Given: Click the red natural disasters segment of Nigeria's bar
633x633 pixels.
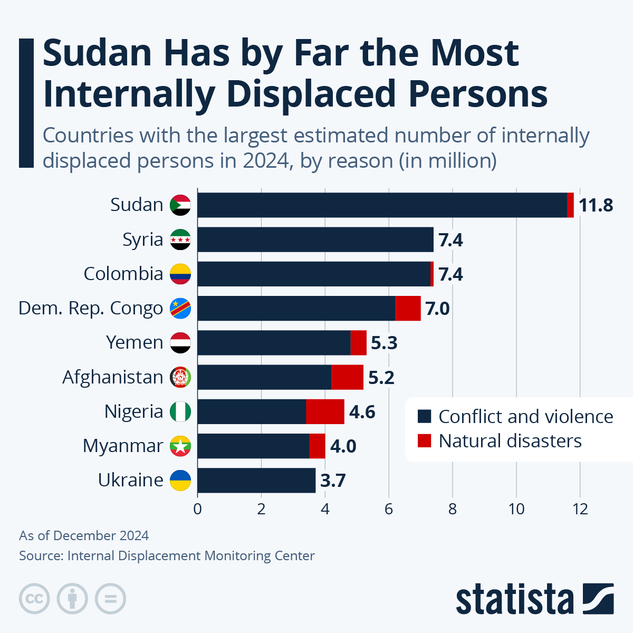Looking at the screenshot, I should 325,411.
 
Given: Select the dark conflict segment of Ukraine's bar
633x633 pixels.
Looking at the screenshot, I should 256,480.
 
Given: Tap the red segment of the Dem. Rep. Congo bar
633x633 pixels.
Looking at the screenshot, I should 408,308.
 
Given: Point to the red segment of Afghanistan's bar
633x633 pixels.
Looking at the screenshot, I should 347,377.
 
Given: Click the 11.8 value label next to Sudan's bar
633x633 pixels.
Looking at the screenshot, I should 596,205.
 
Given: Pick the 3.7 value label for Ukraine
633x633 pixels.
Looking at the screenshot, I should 333,481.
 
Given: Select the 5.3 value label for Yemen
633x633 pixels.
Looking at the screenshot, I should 384,343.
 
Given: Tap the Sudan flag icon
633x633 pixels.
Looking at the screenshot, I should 180,205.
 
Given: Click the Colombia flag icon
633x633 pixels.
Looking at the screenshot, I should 180,274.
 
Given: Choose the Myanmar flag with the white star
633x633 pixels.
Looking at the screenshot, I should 180,446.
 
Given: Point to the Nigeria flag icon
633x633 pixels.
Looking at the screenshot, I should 180,411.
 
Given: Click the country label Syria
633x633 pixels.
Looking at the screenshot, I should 142,239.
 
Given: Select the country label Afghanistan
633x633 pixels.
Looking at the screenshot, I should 113,377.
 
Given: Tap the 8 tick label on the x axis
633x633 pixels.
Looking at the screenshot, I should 453,509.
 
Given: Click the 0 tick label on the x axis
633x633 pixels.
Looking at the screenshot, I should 197,509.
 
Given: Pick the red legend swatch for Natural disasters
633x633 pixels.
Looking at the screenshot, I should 424,441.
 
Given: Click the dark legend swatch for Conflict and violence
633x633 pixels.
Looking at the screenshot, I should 424,417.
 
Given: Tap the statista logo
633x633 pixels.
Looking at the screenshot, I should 534,599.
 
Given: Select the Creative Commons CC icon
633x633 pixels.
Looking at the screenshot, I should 35,599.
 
